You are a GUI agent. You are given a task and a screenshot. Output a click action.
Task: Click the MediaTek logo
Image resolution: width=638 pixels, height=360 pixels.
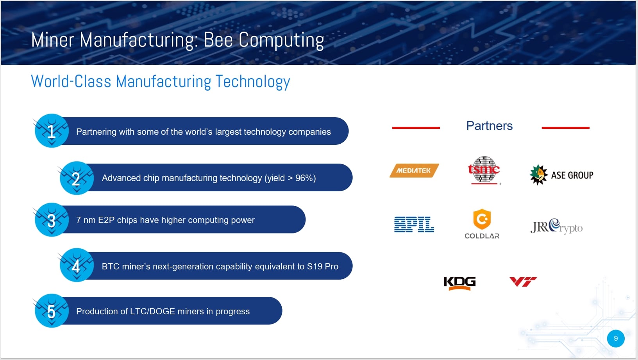coord(414,171)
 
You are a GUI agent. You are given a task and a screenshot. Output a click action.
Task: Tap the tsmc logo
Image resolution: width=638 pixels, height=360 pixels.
coord(484,170)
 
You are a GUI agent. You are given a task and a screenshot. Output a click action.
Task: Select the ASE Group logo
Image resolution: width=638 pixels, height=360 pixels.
coord(561,175)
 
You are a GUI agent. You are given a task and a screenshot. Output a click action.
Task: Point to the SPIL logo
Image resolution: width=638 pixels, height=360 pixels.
coord(414,224)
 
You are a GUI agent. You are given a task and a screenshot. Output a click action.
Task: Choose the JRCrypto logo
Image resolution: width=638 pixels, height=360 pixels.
coord(556,226)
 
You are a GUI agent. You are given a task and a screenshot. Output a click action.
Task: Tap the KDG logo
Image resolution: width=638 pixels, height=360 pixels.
coord(459,283)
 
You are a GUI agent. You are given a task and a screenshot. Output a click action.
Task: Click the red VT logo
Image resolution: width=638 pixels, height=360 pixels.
coord(523,282)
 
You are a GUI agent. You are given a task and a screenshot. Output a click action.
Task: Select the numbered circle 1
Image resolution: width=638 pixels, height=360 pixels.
coord(52,131)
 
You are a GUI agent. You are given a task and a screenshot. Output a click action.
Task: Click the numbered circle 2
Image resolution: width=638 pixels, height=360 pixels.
coord(77,178)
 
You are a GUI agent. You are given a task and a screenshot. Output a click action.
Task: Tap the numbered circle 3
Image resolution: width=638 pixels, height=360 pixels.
coord(52,220)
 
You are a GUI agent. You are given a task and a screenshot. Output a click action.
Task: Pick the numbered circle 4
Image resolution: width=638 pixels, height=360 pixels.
coord(77,265)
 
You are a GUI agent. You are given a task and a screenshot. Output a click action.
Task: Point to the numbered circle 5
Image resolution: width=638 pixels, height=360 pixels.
coord(52,311)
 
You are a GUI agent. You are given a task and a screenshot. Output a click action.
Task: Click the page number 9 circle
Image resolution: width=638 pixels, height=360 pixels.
coord(616,339)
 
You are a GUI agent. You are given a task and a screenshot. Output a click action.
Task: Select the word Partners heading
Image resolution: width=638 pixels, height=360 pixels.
coord(489,126)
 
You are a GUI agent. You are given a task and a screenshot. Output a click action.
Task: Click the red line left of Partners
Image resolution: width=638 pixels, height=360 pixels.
coord(416,128)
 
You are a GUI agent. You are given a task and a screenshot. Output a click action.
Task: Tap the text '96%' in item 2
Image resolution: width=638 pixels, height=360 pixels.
coord(304,178)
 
